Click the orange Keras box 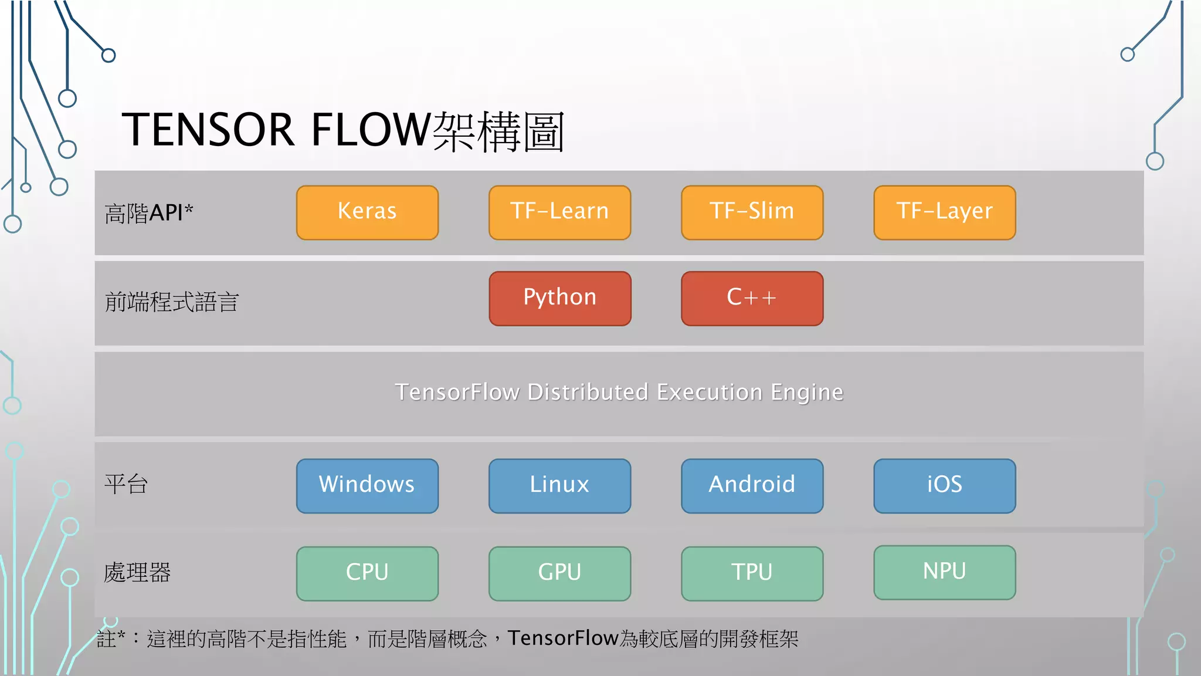[367, 212]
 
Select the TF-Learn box [559, 212]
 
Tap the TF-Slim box [752, 212]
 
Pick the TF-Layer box [944, 212]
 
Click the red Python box [559, 298]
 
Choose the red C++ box [752, 298]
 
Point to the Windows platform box [367, 486]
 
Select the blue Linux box [559, 486]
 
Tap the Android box [752, 486]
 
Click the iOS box [944, 486]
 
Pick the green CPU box [367, 573]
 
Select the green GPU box [559, 573]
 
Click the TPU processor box [752, 573]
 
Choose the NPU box [944, 572]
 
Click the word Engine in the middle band [807, 393]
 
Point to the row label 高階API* [149, 213]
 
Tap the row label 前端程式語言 [171, 302]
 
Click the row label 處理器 [137, 573]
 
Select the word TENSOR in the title [208, 130]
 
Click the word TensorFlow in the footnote [563, 638]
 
